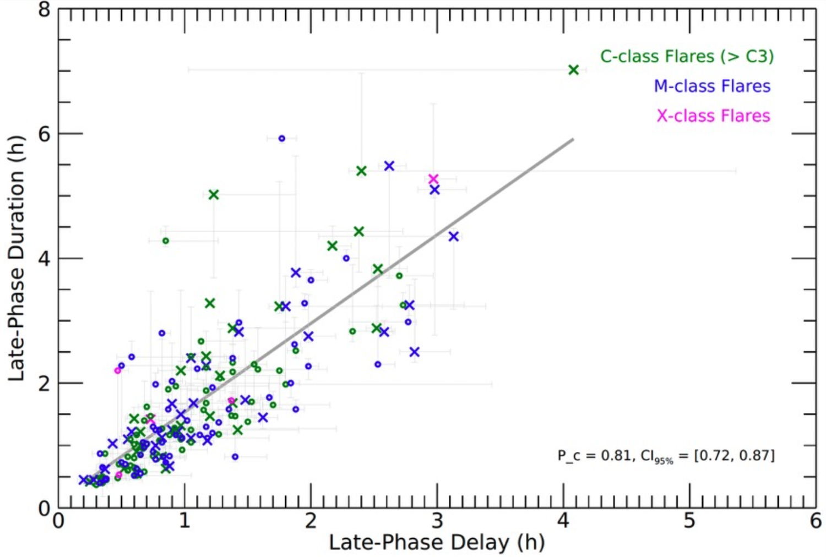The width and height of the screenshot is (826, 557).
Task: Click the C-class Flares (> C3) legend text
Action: pyautogui.click(x=687, y=56)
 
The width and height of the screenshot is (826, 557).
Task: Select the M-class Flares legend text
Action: pyautogui.click(x=712, y=86)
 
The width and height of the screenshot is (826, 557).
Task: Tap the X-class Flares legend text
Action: pyautogui.click(x=713, y=116)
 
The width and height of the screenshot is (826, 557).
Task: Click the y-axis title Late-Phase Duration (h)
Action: pyautogui.click(x=17, y=258)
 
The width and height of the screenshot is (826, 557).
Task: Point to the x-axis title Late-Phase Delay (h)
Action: pyautogui.click(x=437, y=542)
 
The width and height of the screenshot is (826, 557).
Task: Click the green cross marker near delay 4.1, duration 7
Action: pyautogui.click(x=573, y=70)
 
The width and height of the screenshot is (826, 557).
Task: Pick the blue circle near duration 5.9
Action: pyautogui.click(x=282, y=139)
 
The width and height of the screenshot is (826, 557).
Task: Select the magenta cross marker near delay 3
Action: pyautogui.click(x=433, y=179)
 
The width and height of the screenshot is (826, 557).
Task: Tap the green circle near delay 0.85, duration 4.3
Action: pyautogui.click(x=165, y=241)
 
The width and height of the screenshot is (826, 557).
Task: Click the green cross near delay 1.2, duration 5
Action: pyautogui.click(x=214, y=194)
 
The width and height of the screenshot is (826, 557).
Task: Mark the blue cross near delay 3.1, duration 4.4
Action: pyautogui.click(x=453, y=236)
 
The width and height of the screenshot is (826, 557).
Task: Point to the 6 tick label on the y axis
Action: pyautogui.click(x=45, y=134)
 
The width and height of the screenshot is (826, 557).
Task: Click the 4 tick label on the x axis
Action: pyautogui.click(x=563, y=521)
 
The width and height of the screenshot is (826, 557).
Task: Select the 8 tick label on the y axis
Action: pyautogui.click(x=45, y=9)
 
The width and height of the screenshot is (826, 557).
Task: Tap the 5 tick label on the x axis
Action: pyautogui.click(x=689, y=521)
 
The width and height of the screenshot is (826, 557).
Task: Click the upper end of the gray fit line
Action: pyautogui.click(x=573, y=139)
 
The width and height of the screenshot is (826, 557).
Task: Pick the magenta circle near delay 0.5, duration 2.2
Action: pyautogui.click(x=118, y=370)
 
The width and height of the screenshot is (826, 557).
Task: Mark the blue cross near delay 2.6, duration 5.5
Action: pyautogui.click(x=389, y=166)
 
